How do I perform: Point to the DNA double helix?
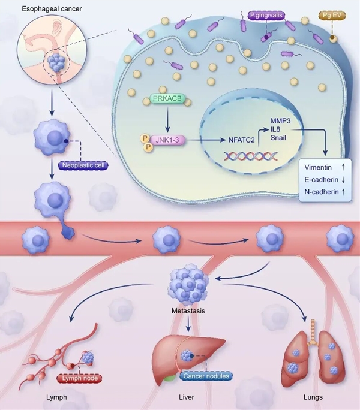(251, 156)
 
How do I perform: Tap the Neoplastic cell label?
(82, 165)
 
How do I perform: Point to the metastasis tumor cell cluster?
(188, 285)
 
